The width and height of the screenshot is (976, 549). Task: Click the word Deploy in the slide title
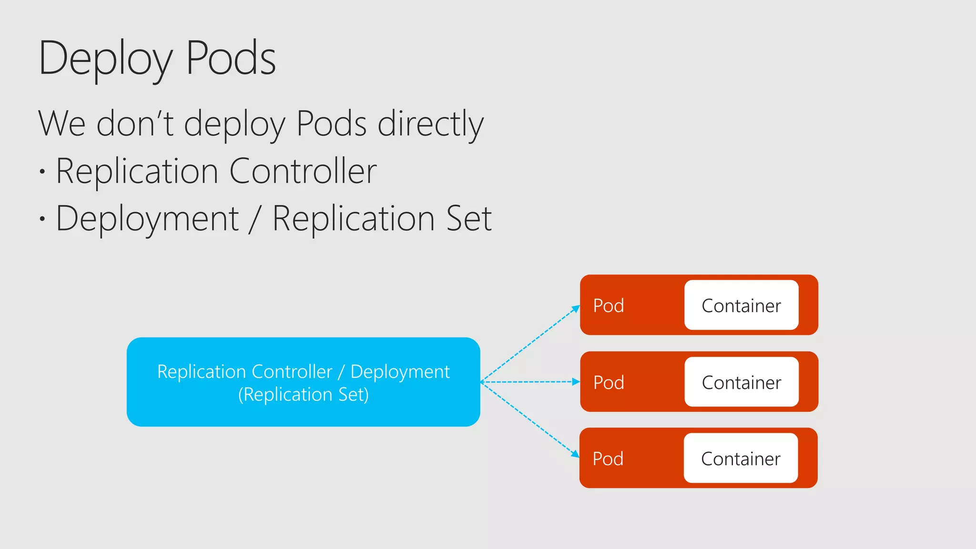105,59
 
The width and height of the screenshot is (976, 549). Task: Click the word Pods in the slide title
231,58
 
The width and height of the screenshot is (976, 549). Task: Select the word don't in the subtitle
135,123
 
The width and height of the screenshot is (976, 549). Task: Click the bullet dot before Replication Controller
42,172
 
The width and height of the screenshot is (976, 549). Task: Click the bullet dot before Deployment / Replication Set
42,219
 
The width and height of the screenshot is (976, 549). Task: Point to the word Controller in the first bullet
303,171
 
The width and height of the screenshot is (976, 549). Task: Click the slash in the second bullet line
255,219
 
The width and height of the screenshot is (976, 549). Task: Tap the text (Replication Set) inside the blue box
303,395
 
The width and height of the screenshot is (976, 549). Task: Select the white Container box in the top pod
741,305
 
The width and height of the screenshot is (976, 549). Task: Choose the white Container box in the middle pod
741,382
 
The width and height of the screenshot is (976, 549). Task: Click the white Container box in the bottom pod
741,458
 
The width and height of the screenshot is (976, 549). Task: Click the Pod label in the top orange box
609,305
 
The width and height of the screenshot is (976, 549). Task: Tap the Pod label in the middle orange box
609,382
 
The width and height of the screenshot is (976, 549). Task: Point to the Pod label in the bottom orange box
608,458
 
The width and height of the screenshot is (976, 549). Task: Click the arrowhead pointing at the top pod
576,309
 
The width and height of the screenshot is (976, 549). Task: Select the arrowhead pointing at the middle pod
576,382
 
